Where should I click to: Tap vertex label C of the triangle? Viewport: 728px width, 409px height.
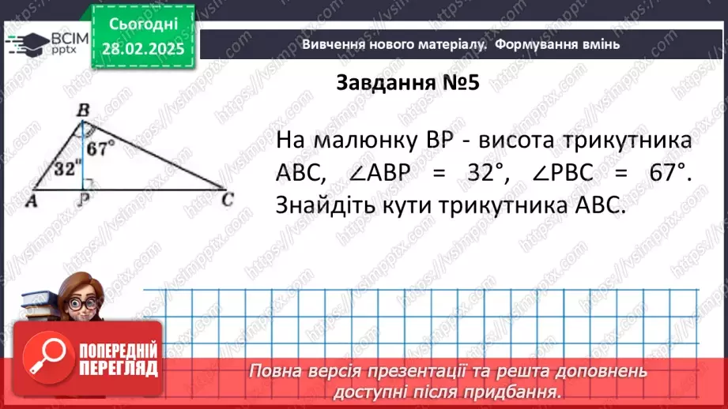coord(228,200)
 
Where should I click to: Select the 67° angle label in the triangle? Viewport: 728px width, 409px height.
coord(102,147)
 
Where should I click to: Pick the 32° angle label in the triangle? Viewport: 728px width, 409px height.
coord(67,167)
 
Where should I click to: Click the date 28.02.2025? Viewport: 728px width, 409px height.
coord(142,48)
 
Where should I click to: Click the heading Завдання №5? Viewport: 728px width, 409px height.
coord(408,83)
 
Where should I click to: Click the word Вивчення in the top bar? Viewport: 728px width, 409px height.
coord(334,44)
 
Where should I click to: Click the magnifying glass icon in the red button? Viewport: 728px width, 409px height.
coord(46,359)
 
